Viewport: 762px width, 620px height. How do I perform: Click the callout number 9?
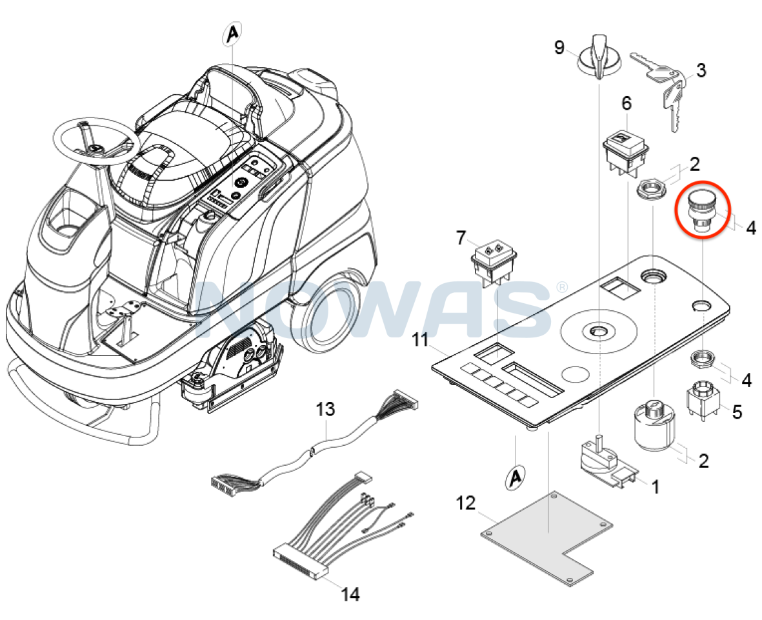559,47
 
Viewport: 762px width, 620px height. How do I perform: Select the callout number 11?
421,339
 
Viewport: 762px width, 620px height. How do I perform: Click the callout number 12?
466,502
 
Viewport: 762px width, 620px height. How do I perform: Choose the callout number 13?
326,409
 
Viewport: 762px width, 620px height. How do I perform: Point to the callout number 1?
654,486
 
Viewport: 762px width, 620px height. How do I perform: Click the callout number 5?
736,411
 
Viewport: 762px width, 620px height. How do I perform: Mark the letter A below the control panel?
514,477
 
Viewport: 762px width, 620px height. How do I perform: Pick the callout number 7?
460,238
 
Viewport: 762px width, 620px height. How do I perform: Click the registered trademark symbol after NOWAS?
562,286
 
